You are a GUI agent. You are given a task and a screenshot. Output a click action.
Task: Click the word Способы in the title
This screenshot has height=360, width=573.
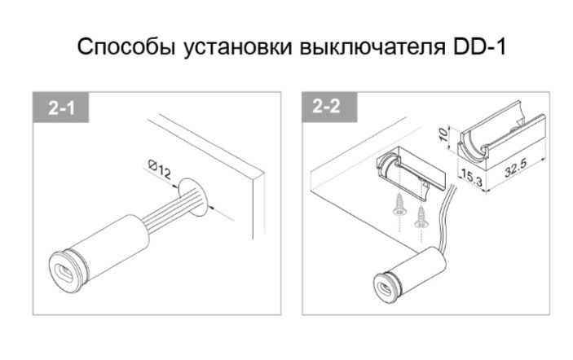click(x=126, y=46)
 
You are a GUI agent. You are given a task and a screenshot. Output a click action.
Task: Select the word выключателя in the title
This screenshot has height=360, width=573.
click(x=372, y=47)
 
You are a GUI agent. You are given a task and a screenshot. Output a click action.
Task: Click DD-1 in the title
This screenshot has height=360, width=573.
click(x=479, y=46)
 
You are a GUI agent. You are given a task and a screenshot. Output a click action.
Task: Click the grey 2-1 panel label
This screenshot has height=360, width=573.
click(x=60, y=108)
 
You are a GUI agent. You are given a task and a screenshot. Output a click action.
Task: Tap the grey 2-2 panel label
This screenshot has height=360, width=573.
click(x=329, y=107)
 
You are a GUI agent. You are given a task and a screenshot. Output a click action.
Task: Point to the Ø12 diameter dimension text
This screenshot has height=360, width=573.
click(x=160, y=170)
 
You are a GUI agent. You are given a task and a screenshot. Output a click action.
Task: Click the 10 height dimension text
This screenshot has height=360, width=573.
click(x=443, y=134)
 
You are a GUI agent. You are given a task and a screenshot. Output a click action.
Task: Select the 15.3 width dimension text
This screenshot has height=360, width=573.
click(x=471, y=177)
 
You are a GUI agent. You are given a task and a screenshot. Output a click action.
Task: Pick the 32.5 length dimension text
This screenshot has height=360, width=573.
click(x=516, y=169)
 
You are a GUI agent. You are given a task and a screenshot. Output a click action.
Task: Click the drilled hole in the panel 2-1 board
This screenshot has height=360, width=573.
click(x=192, y=197)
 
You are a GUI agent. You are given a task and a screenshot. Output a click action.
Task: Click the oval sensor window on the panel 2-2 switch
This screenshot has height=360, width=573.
click(x=386, y=289)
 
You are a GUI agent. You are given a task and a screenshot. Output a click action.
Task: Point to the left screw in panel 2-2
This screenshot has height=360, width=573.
click(x=399, y=205)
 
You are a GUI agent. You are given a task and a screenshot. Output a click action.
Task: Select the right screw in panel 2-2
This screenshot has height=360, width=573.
click(x=421, y=217)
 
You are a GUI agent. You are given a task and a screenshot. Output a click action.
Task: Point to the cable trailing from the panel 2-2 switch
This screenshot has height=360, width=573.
click(x=443, y=219)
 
